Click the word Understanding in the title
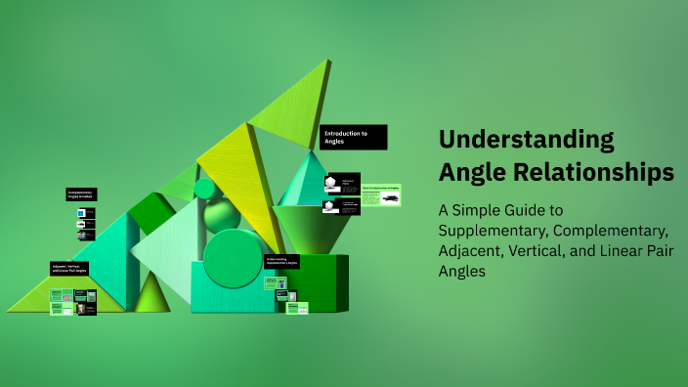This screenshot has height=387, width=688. pos(527,139)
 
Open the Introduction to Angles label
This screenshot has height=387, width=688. pos(354,137)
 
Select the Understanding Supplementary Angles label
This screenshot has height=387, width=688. pos(281,262)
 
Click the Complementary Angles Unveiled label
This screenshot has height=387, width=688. pos(81,194)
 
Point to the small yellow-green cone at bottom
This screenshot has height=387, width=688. pos(151,293)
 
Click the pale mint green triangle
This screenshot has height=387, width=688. pos(166,250)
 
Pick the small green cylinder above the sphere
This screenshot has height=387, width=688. pos(204,188)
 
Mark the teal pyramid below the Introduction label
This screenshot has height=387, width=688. pos(304,181)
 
